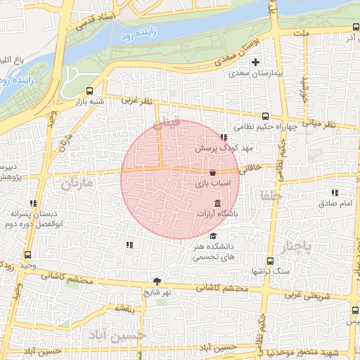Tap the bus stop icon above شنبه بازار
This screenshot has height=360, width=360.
tap(89, 91)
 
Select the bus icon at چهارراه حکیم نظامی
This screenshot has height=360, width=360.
tap(265, 117)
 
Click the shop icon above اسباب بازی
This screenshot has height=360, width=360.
tap(212, 172)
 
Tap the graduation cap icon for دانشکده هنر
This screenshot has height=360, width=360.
tap(213, 236)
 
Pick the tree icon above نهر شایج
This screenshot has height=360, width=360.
tap(156, 281)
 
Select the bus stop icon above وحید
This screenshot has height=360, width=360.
tap(27, 255)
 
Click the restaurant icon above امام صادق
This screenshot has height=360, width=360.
tap(335, 193)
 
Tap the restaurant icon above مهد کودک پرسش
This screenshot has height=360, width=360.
tap(223, 138)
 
